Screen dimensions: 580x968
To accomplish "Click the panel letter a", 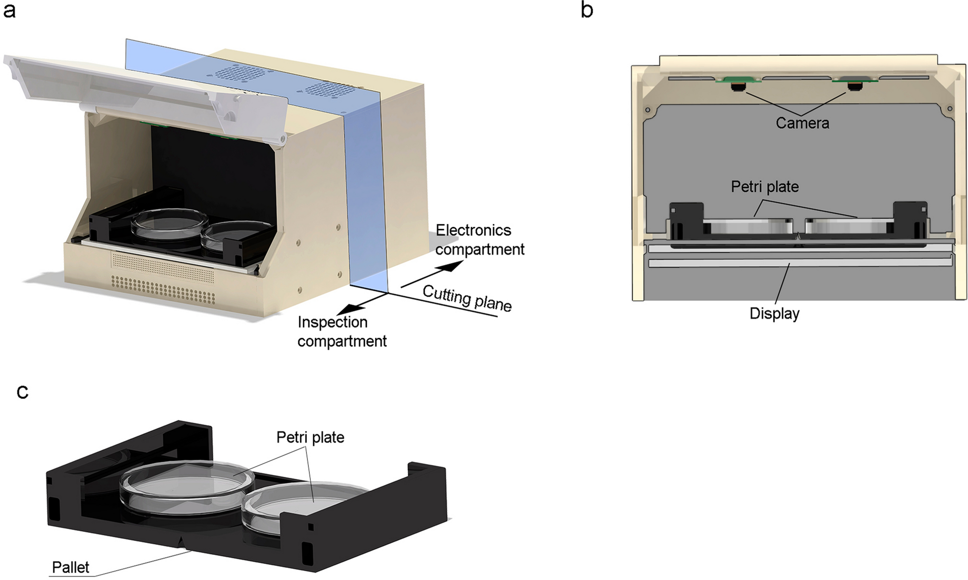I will (9, 10).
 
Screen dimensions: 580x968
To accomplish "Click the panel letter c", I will (22, 392).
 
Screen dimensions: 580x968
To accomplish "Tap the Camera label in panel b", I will (802, 123).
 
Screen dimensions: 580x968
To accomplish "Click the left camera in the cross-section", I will (737, 86).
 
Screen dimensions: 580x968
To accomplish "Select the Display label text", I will (774, 314).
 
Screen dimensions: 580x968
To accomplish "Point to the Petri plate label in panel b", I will (764, 187).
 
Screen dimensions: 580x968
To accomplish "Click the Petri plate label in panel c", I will (310, 437).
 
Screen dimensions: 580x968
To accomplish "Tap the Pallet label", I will (70, 567).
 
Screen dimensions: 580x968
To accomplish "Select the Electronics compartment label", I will (479, 240).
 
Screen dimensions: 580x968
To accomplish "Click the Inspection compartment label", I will (342, 331).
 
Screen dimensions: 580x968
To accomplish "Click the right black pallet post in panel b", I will (910, 219).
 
